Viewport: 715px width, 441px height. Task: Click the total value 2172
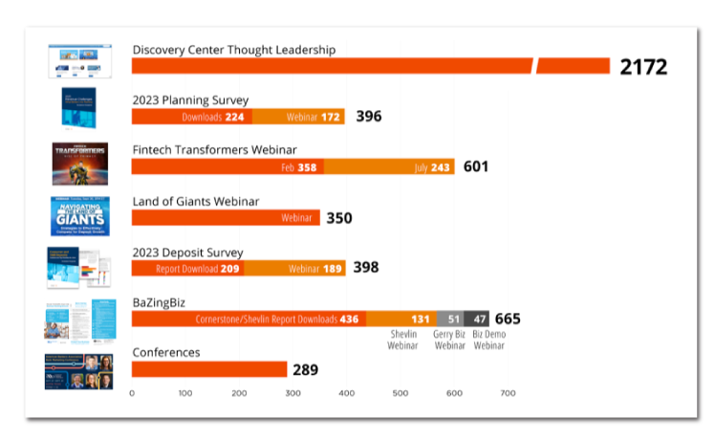pyautogui.click(x=643, y=67)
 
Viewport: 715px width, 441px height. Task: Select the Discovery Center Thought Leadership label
pyautogui.click(x=233, y=50)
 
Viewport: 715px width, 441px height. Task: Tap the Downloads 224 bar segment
pyautogui.click(x=191, y=117)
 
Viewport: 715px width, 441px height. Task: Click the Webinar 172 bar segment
pyautogui.click(x=298, y=117)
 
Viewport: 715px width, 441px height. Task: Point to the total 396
pyautogui.click(x=369, y=117)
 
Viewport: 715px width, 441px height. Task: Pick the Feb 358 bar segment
pyautogui.click(x=227, y=166)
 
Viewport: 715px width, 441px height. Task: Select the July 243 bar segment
pyautogui.click(x=389, y=166)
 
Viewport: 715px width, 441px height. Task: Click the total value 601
pyautogui.click(x=476, y=166)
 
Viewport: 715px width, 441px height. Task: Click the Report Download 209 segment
pyautogui.click(x=187, y=269)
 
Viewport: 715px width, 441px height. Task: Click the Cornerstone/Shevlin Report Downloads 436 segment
pyautogui.click(x=249, y=319)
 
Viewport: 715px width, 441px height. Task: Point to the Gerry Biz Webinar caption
pyautogui.click(x=450, y=340)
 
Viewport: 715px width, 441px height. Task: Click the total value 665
pyautogui.click(x=508, y=319)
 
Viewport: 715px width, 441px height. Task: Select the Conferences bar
pyautogui.click(x=209, y=369)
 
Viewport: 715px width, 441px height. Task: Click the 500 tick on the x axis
pyautogui.click(x=401, y=393)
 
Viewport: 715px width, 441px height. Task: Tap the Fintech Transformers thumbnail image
pyautogui.click(x=79, y=164)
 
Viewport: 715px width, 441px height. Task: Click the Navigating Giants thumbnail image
pyautogui.click(x=79, y=216)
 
